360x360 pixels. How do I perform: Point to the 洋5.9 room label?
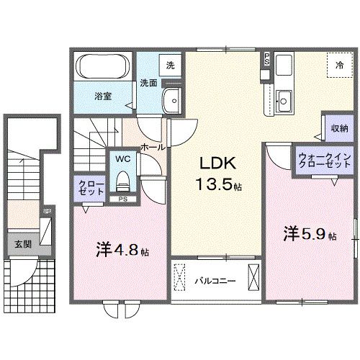[309, 234]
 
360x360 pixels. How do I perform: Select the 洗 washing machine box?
[171, 65]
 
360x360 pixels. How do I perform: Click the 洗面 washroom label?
[148, 82]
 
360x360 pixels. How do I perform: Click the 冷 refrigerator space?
[338, 65]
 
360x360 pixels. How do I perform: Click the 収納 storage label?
[340, 127]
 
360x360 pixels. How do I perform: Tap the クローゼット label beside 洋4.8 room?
[86, 189]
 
